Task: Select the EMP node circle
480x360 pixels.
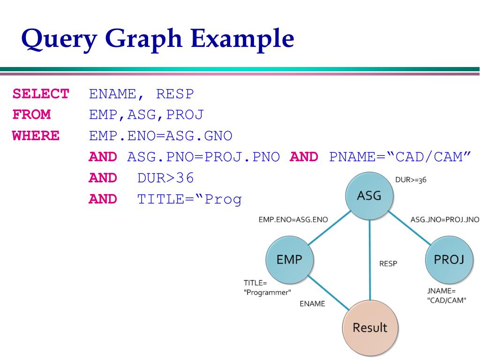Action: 290,259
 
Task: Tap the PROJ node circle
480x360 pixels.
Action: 449,259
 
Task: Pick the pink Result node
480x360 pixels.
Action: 370,327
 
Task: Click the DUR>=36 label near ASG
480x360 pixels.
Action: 411,180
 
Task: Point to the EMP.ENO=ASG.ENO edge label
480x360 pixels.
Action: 293,219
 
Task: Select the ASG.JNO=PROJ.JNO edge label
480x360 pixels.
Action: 444,219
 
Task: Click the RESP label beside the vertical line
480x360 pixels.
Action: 388,264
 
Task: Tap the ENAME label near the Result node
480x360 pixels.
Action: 312,304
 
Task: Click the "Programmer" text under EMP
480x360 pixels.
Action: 267,292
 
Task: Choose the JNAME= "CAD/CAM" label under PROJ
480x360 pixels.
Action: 447,295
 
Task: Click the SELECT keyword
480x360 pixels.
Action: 41,94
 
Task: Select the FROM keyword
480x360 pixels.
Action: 31,115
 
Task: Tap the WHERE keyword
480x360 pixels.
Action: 36,136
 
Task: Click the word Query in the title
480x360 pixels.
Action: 59,39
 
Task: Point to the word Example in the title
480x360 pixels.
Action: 242,38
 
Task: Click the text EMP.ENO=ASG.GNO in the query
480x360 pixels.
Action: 160,136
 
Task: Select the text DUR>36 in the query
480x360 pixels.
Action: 165,178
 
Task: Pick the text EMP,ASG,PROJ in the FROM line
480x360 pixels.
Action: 146,115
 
